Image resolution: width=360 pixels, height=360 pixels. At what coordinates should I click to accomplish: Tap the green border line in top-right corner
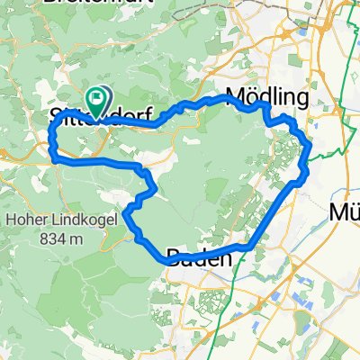[x=348, y=36]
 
